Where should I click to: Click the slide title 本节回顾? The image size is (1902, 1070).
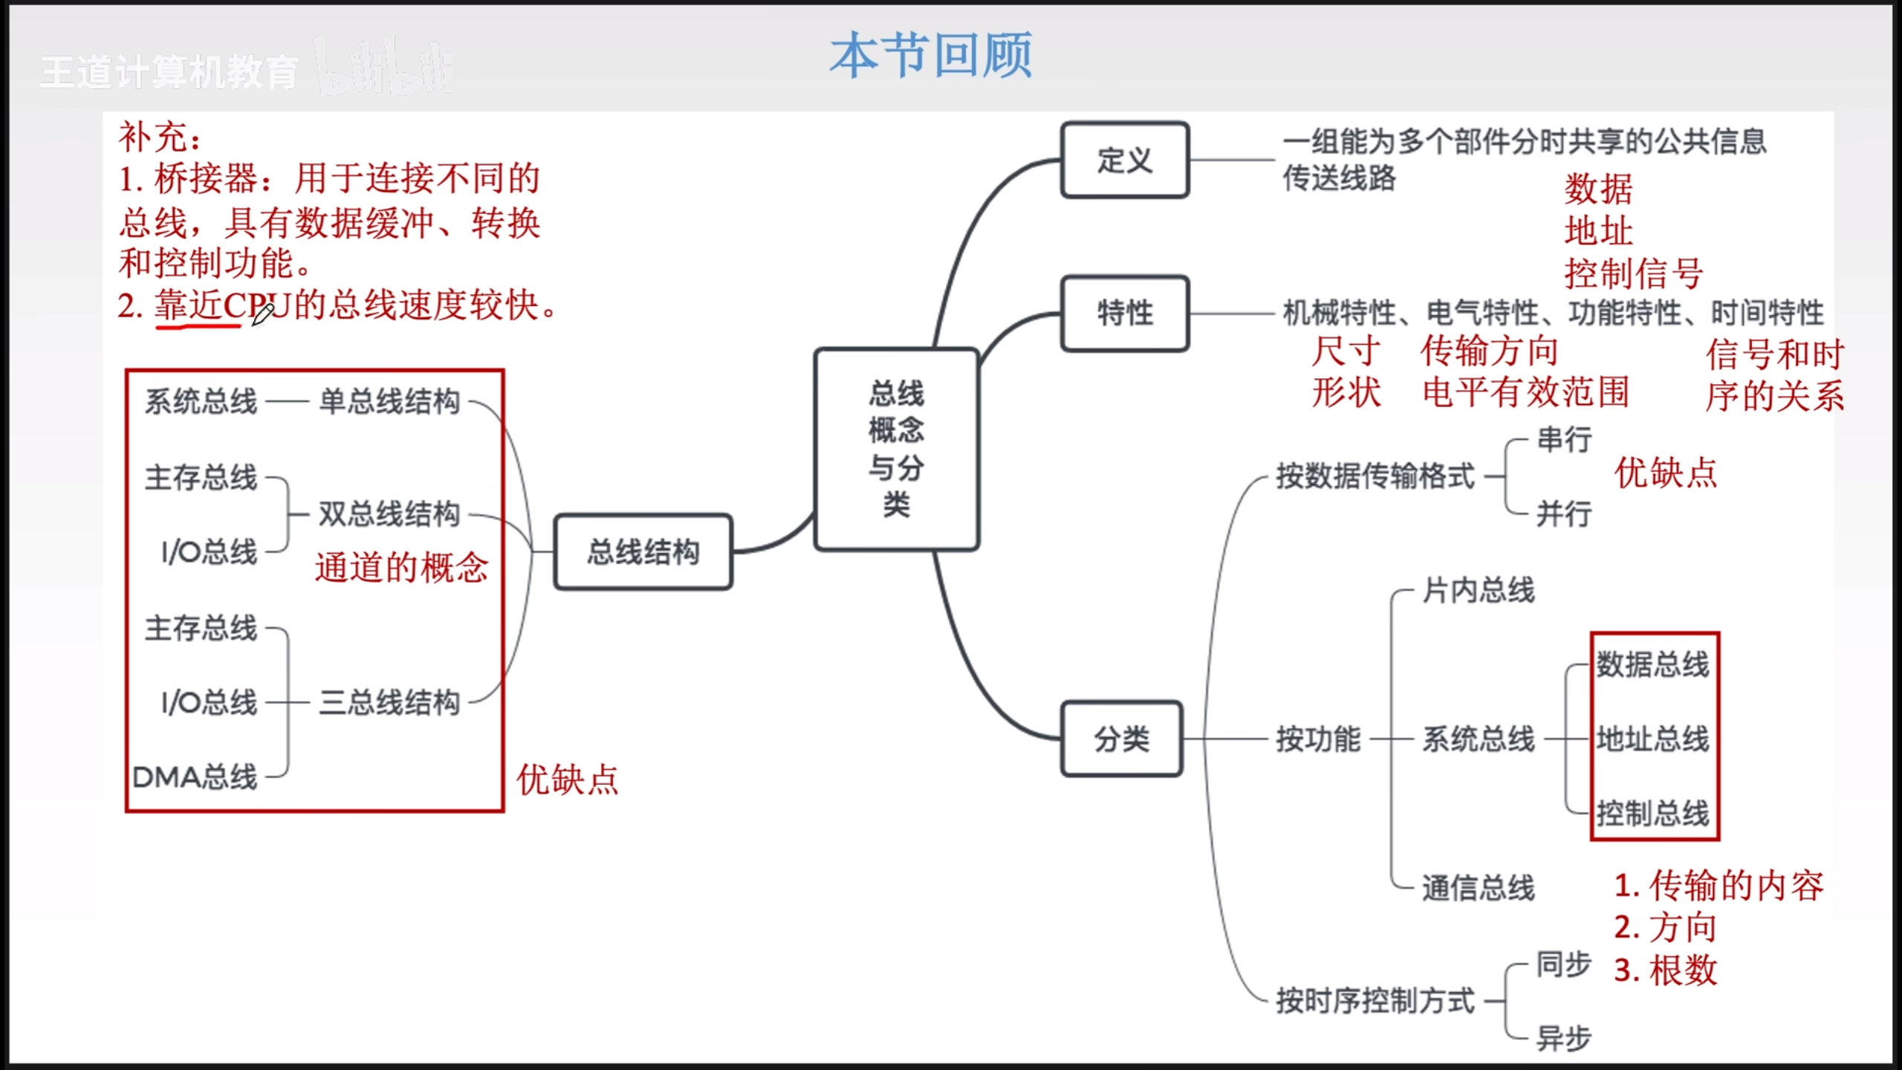930,55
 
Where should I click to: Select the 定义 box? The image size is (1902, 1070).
1125,160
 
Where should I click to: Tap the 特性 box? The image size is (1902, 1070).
1125,313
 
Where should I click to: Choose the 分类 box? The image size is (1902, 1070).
1121,739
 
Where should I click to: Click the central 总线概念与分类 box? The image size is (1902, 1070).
896,449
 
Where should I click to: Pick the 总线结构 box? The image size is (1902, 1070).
643,552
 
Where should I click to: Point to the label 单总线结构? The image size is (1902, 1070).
389,402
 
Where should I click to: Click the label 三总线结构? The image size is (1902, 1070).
389,702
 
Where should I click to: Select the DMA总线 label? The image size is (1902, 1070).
195,777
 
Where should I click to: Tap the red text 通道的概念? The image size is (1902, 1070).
402,568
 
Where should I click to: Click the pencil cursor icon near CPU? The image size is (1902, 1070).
263,314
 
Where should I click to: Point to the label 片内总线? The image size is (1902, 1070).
1479,591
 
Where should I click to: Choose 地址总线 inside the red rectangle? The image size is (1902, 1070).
1653,739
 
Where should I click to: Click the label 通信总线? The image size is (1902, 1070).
1479,888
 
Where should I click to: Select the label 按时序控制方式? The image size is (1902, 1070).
1375,1000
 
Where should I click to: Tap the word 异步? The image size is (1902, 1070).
1564,1038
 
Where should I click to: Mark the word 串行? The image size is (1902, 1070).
1564,439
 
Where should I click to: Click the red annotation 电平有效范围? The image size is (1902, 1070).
1525,392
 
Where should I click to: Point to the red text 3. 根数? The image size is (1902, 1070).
1666,970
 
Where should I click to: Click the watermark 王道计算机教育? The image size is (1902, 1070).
169,73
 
